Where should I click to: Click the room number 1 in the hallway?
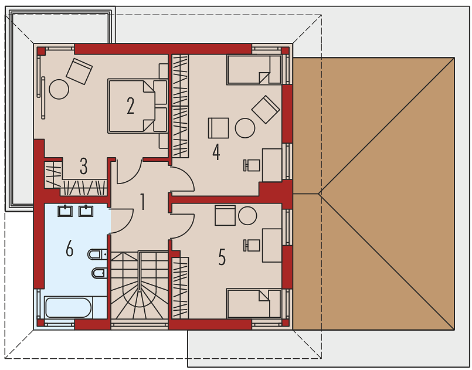(143, 202)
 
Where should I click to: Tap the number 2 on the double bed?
(130, 106)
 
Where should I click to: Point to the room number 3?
(84, 166)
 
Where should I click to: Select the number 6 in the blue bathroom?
(70, 249)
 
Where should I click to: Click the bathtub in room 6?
(68, 307)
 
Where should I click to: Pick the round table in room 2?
(59, 89)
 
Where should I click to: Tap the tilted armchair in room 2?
(79, 72)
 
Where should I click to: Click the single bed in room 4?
(254, 70)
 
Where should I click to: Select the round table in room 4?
(245, 128)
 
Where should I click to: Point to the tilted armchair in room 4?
(266, 110)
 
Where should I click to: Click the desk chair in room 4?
(252, 165)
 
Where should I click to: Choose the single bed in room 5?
(254, 304)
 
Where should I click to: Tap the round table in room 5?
(247, 216)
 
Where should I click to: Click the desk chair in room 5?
(252, 245)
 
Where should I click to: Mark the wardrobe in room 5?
(181, 287)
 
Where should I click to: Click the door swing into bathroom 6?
(122, 221)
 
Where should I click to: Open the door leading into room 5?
(182, 226)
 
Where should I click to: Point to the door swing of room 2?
(129, 172)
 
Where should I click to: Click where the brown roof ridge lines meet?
(319, 194)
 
